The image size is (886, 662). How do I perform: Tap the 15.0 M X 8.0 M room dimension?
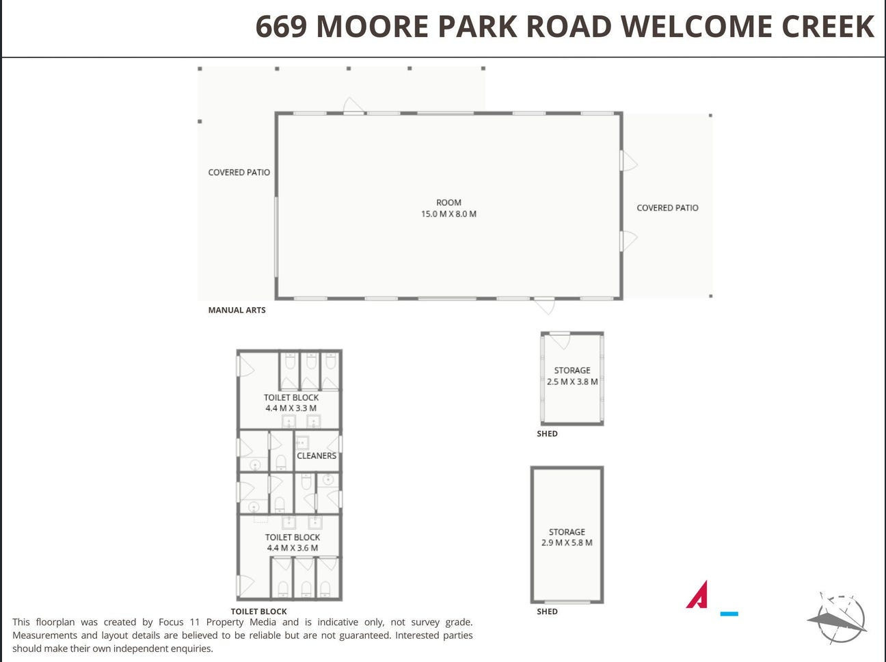pos(448,214)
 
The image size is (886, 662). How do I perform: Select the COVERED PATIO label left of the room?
pos(239,172)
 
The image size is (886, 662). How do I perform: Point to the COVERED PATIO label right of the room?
pos(667,208)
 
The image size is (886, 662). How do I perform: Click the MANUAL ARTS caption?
pos(237,310)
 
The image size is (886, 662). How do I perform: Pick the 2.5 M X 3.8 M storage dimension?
pos(572,382)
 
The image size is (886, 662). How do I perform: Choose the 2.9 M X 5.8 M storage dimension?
pos(567,542)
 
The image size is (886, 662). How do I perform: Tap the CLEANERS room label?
pos(317,455)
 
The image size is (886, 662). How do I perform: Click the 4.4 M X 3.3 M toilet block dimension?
pos(291,408)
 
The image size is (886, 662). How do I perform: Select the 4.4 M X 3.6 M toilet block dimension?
pos(292,548)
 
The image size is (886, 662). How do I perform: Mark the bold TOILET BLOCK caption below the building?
pos(258,611)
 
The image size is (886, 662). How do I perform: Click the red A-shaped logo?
pos(697,594)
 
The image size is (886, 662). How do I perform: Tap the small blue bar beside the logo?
pos(729,614)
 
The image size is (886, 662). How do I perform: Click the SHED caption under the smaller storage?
pos(547,434)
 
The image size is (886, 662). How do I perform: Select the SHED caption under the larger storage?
pos(547,611)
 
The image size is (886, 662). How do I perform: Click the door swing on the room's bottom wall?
pos(544,306)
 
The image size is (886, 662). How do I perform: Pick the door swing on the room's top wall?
pos(353,105)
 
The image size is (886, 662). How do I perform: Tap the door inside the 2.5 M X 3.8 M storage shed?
pos(560,341)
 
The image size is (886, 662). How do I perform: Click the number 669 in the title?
pos(281,27)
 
